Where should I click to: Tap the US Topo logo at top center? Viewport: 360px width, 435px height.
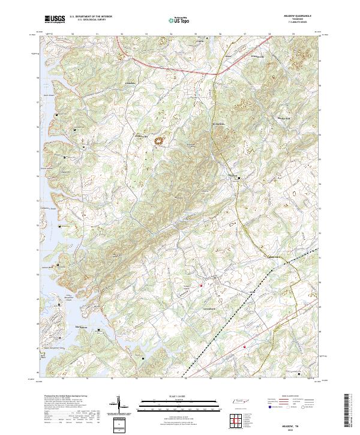[x=172, y=20]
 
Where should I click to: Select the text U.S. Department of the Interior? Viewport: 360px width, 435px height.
[x=90, y=17]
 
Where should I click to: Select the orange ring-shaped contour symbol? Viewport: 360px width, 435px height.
[x=160, y=141]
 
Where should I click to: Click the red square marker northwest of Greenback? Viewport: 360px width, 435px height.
[x=201, y=285]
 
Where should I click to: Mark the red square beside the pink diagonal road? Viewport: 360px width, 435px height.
[x=244, y=346]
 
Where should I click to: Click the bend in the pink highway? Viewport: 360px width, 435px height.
[x=217, y=73]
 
